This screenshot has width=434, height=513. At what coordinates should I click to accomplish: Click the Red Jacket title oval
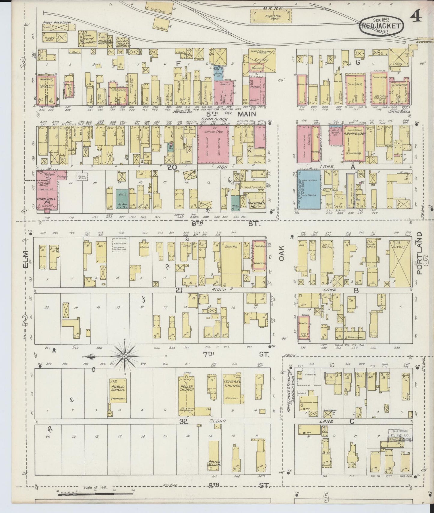pyautogui.click(x=381, y=26)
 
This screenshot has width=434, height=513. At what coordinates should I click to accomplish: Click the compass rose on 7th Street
pyautogui.click(x=124, y=356)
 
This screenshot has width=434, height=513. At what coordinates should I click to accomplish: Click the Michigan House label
pyautogui.click(x=253, y=204)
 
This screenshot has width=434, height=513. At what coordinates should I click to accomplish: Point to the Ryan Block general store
pyautogui.click(x=213, y=144)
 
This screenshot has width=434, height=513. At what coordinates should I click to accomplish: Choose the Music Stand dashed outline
pyautogui.click(x=81, y=176)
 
